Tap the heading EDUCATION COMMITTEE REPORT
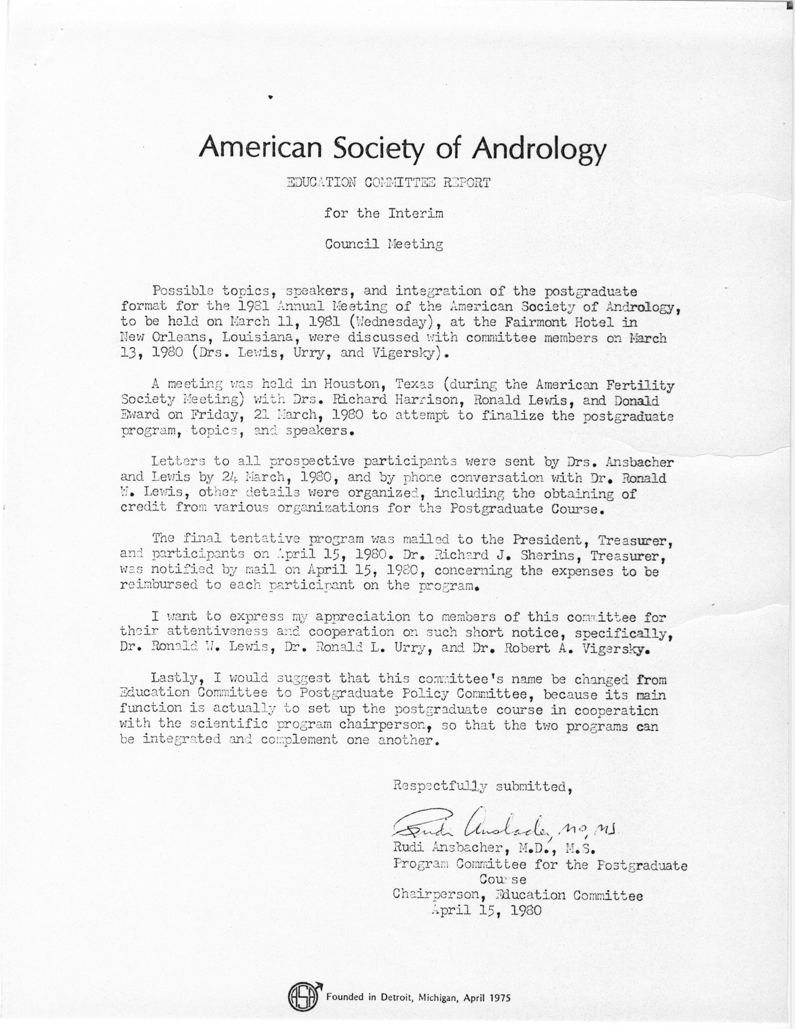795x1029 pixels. pyautogui.click(x=389, y=183)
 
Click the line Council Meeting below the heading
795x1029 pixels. pyautogui.click(x=384, y=244)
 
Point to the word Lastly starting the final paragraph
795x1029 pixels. pyautogui.click(x=177, y=679)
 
